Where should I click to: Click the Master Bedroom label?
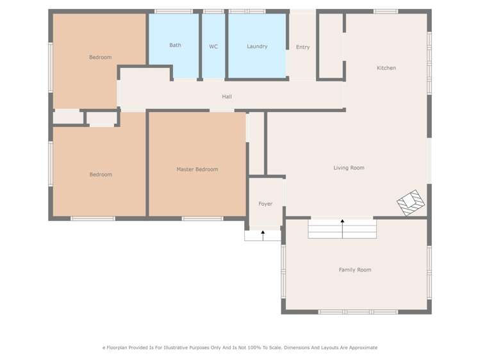click(x=197, y=169)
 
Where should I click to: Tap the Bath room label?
click(x=175, y=45)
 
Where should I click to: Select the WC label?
click(x=213, y=46)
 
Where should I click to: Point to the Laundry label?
click(x=257, y=46)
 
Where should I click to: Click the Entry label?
click(x=302, y=47)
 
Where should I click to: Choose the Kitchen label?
click(x=386, y=67)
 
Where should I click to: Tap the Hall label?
click(x=227, y=96)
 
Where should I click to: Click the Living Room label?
click(x=349, y=168)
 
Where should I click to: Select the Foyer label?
click(x=265, y=204)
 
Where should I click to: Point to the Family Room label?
click(x=355, y=270)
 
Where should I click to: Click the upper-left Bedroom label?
click(x=100, y=57)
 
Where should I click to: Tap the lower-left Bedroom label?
click(x=101, y=174)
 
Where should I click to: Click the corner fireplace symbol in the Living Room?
click(x=410, y=202)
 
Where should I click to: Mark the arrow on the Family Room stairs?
click(x=342, y=222)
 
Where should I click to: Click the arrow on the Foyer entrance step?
click(x=263, y=234)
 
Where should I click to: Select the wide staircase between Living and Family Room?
click(x=342, y=229)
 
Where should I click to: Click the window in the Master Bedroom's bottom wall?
click(x=203, y=218)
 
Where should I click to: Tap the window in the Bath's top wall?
click(x=174, y=11)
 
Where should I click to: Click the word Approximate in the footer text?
click(x=362, y=347)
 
